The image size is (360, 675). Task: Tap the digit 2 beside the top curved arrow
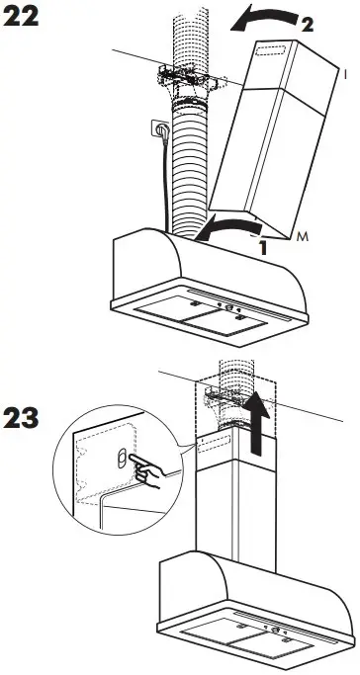pyautogui.click(x=308, y=26)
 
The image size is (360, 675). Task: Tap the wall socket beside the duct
pyautogui.click(x=156, y=127)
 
